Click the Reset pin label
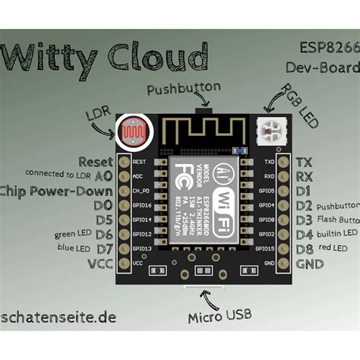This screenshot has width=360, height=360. pos(95,162)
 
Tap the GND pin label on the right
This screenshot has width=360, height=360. pos(310,263)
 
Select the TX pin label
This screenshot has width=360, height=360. pos(304,162)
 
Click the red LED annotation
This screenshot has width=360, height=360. pos(335,248)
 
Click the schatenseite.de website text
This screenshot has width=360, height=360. pos(58,318)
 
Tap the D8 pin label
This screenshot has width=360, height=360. pos(305,248)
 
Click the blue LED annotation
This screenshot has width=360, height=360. pos(74,248)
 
